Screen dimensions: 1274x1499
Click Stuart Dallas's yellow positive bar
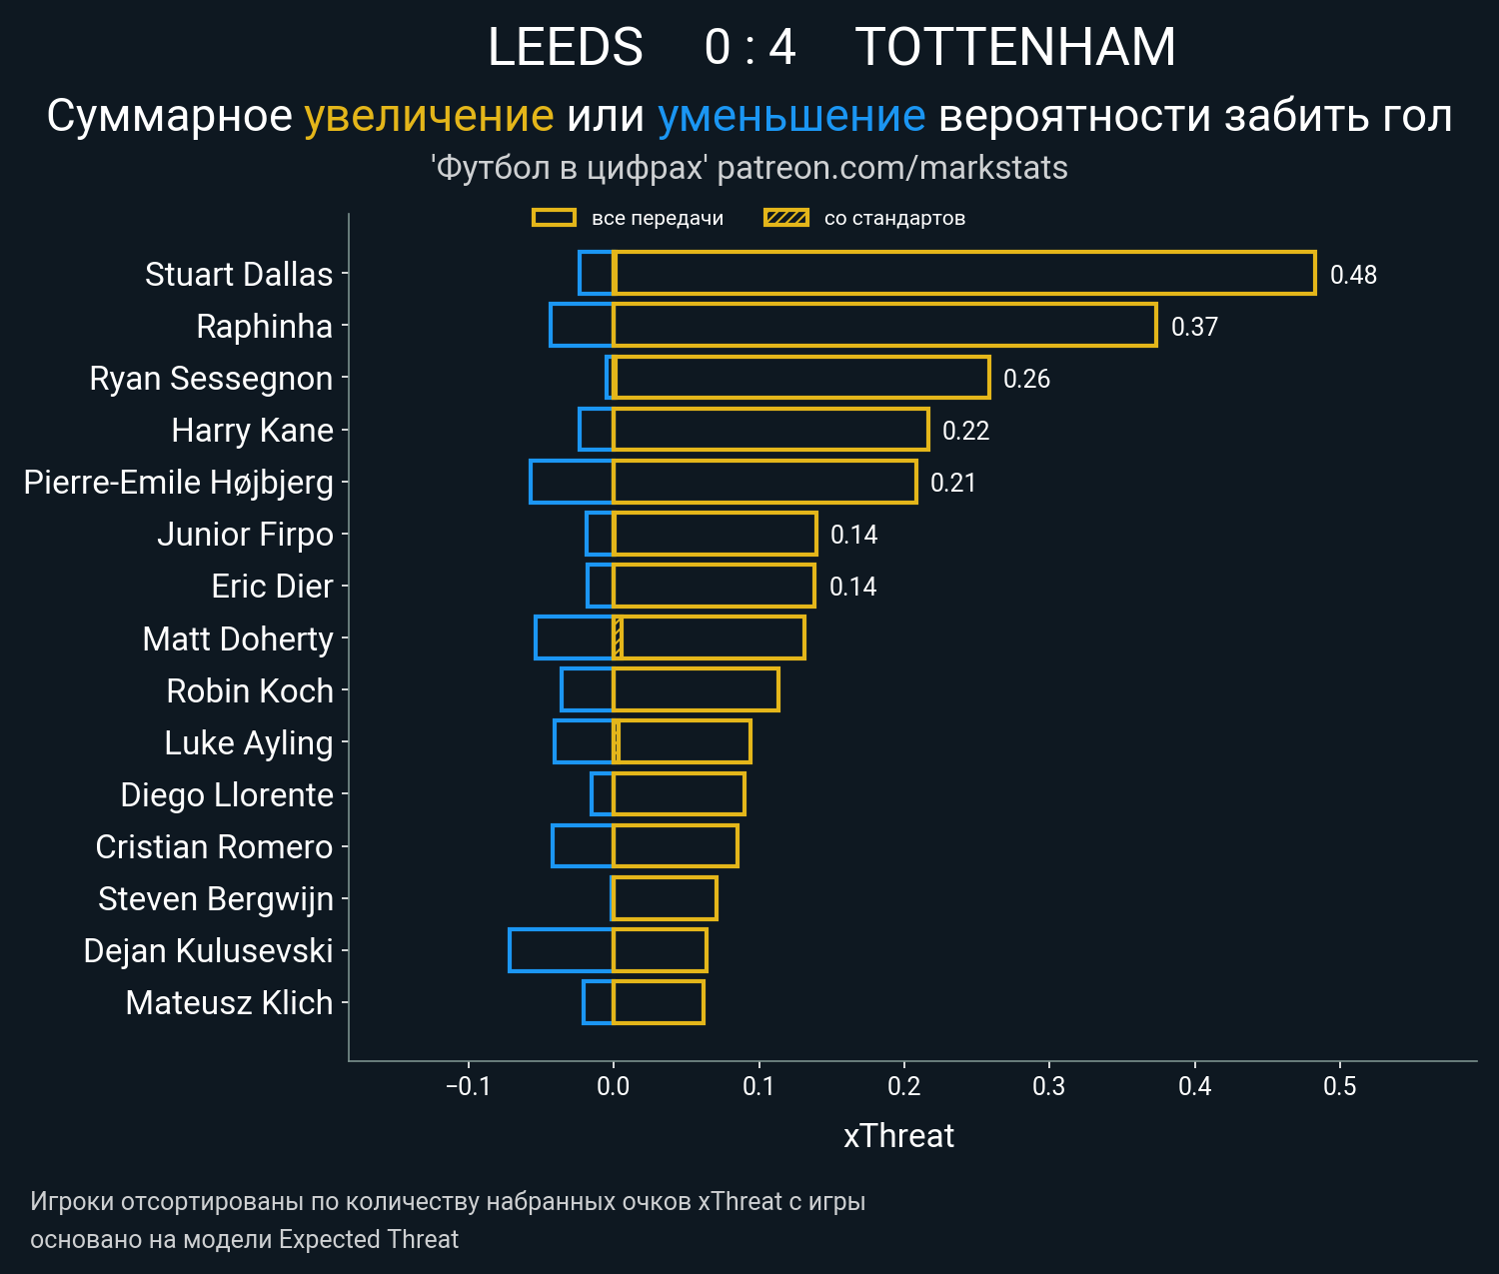pos(964,274)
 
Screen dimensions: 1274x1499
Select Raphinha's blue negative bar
pos(582,326)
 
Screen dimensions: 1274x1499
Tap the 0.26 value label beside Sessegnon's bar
pos(1026,379)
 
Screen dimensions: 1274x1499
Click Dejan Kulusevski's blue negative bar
pos(561,950)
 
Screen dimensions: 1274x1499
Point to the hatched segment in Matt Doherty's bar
pos(618,638)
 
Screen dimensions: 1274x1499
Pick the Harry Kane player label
pos(252,431)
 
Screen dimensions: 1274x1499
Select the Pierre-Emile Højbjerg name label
pos(179,483)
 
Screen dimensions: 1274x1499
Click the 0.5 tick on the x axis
pos(1340,1086)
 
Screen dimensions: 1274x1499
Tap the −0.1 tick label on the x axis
pos(468,1086)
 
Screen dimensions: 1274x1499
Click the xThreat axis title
pos(898,1136)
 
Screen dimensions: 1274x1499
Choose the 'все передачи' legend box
pos(554,218)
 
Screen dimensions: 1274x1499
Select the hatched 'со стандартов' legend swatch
pos(785,218)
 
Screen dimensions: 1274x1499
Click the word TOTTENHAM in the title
pos(1015,47)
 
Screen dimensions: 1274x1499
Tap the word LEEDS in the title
pos(565,47)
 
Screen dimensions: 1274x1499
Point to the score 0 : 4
pos(749,47)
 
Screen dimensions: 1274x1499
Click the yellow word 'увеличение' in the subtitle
pos(429,116)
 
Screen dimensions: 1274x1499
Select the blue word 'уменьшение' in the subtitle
pos(791,116)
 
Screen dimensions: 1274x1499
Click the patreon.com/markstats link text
pos(892,168)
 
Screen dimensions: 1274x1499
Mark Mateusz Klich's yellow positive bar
pos(658,1002)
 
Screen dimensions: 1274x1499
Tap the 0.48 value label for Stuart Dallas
pos(1353,275)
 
